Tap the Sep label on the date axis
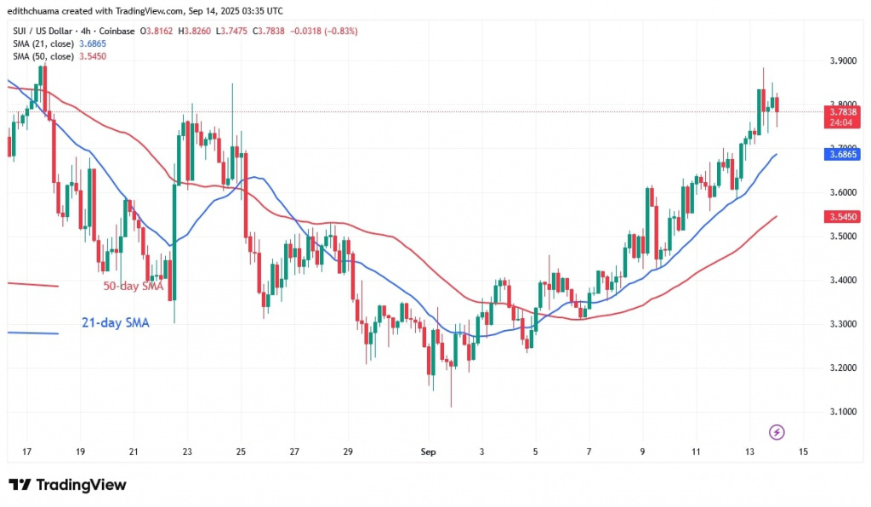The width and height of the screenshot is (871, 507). [429, 452]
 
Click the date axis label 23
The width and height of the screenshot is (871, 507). [187, 452]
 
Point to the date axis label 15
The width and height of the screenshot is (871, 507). [803, 452]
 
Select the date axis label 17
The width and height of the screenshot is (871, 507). [27, 452]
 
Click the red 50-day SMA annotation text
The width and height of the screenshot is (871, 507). [134, 287]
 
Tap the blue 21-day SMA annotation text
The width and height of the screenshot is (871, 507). [113, 323]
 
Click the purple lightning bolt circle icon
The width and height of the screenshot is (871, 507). [776, 432]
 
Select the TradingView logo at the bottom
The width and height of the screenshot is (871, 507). [68, 485]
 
